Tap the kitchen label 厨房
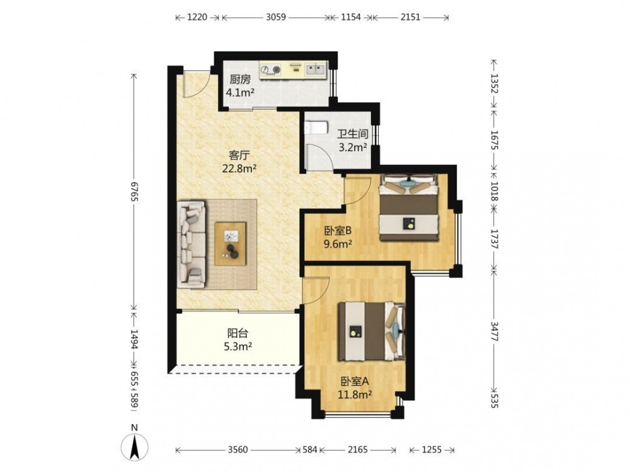240,79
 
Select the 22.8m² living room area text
239,169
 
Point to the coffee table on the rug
230,244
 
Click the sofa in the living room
192,244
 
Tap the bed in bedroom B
409,207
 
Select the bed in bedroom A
371,331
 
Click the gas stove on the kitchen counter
270,70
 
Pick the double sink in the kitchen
316,70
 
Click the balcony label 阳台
238,333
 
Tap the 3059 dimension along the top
276,17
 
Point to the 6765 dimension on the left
135,192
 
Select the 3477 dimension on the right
494,332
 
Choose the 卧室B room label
338,231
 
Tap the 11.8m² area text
354,395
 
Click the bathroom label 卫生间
353,133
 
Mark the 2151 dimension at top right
410,17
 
